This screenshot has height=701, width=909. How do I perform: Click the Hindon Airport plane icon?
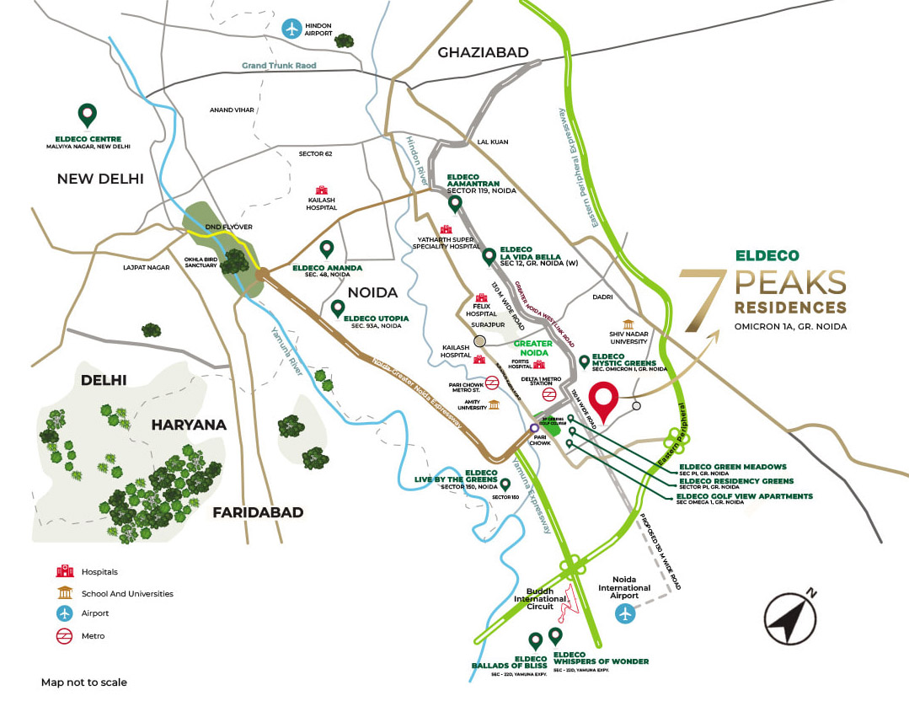tap(293, 28)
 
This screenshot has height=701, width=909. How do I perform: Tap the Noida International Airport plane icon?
tap(624, 613)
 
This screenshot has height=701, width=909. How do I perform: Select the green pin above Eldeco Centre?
tap(85, 115)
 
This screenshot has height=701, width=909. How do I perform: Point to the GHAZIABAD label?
tap(483, 52)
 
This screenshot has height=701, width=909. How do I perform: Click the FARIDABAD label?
tap(258, 511)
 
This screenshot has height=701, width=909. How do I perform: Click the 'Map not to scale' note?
tap(84, 682)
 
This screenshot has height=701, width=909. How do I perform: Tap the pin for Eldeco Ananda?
tap(327, 249)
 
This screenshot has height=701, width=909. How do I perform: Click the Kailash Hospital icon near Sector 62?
tap(321, 191)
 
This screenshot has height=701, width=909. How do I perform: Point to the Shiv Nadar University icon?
tap(628, 324)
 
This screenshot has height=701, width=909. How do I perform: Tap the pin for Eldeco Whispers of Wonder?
tap(555, 635)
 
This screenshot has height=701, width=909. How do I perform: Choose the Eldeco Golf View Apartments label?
tap(746, 496)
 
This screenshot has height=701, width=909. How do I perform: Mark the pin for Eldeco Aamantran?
tap(455, 203)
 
